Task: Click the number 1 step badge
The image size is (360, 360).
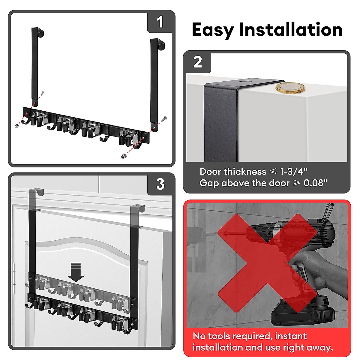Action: click(x=160, y=22)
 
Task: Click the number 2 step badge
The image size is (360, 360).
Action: click(x=197, y=62)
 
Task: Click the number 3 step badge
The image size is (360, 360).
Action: click(x=160, y=184)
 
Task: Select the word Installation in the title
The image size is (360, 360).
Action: click(x=290, y=30)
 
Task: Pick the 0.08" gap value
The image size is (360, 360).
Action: click(x=315, y=183)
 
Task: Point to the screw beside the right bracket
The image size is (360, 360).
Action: click(x=164, y=119)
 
